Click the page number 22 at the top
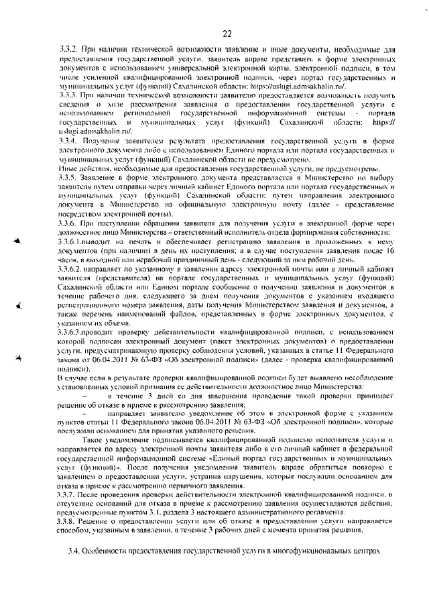tap(227, 34)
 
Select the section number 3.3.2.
tap(70, 51)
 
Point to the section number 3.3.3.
tap(70, 96)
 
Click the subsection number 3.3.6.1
tap(74, 239)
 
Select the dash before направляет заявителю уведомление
tap(84, 416)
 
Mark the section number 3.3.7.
tap(70, 494)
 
